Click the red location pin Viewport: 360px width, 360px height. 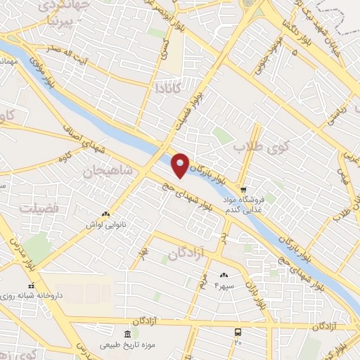click(181, 165)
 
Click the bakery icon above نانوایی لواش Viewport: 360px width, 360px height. click(105, 214)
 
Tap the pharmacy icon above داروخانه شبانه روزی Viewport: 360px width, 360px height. click(30, 286)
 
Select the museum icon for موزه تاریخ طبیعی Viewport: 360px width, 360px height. click(127, 333)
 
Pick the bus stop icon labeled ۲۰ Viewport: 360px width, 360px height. click(238, 331)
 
